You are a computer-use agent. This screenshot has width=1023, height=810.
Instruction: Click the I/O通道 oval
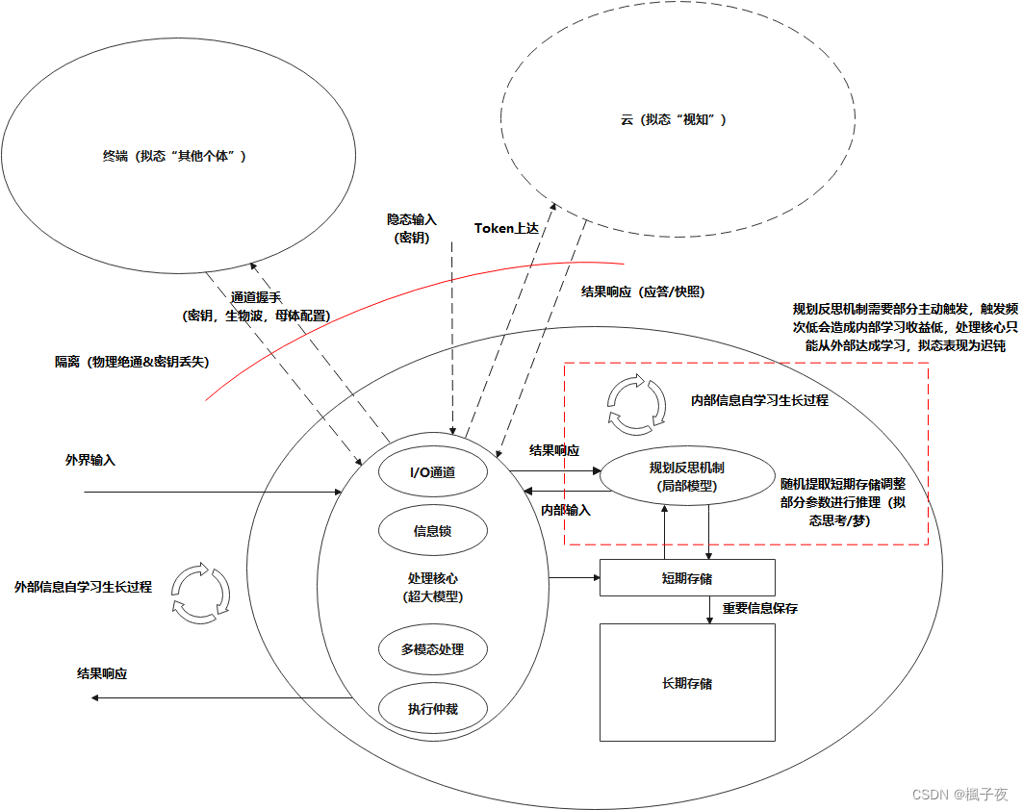point(432,472)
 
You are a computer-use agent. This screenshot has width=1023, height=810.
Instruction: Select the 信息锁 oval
point(432,530)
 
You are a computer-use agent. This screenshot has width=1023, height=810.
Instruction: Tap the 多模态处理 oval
point(432,649)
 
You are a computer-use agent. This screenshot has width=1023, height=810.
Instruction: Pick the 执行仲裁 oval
point(432,709)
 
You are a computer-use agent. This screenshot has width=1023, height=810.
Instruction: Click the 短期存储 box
point(687,578)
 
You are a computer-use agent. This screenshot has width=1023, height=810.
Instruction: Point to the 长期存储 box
point(687,683)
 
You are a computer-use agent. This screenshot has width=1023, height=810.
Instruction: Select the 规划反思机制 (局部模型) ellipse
point(687,476)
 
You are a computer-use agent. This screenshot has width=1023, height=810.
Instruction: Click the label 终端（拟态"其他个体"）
point(174,156)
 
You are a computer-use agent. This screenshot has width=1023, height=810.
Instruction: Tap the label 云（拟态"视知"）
point(673,119)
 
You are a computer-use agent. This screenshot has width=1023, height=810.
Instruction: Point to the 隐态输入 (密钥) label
point(412,228)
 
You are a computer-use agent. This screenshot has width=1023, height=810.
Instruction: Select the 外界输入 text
point(90,461)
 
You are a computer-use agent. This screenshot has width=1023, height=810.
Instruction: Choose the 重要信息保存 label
point(759,608)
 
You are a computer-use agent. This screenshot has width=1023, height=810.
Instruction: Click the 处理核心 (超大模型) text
point(432,587)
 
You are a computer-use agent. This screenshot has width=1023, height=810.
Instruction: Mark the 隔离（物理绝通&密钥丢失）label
point(132,362)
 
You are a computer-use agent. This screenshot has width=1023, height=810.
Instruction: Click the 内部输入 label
point(566,510)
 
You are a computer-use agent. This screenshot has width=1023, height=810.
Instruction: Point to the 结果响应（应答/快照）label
point(643,291)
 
